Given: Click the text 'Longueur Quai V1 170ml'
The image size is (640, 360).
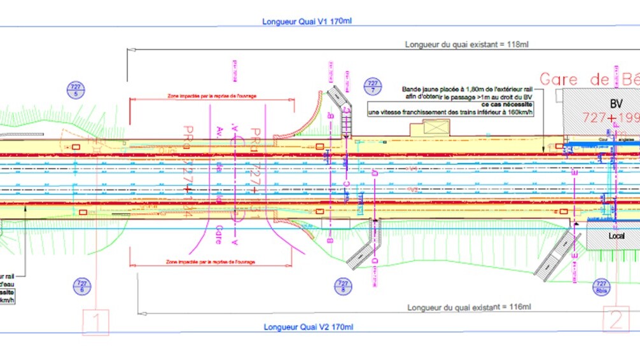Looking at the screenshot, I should click(x=307, y=21).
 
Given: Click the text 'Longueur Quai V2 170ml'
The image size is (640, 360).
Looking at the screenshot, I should click(x=308, y=327).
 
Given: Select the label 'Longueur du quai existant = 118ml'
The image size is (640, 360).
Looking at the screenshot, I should click(x=467, y=45).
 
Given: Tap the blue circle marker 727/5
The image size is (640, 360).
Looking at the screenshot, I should click(x=76, y=90).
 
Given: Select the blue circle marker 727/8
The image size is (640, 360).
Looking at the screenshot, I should click(x=343, y=286).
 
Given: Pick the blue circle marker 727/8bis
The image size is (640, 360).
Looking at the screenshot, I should click(x=601, y=286).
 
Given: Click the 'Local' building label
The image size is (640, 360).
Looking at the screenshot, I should click(x=616, y=236).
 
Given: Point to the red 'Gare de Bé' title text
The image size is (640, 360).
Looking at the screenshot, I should click(x=588, y=79).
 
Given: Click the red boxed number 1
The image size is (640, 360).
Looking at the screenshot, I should click(x=95, y=322).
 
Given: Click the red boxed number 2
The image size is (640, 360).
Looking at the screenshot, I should click(x=615, y=319).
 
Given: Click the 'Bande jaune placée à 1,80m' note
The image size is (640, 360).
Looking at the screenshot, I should click(x=467, y=89).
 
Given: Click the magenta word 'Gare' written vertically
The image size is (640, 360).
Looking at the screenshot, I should click(x=218, y=231).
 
